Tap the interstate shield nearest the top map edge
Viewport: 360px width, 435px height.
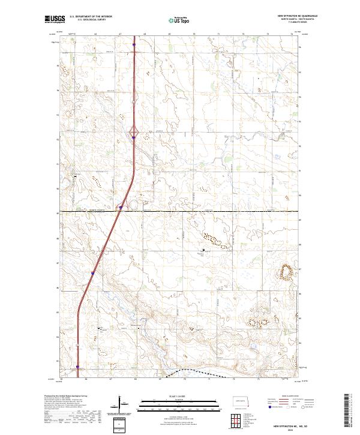pyautogui.click(x=134, y=44)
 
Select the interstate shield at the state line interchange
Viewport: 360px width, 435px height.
pyautogui.click(x=121, y=208)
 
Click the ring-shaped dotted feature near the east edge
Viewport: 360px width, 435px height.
pyautogui.click(x=286, y=273)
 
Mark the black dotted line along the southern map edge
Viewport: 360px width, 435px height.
pyautogui.click(x=198, y=372)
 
